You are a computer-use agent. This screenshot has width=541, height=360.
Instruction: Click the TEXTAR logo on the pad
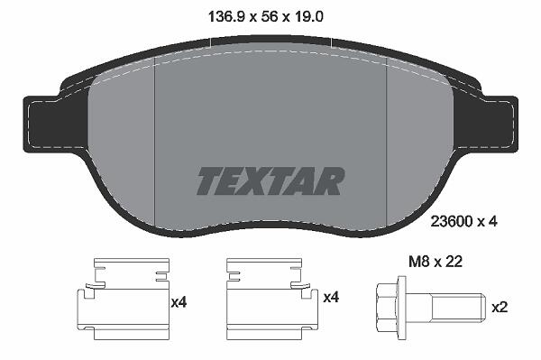point(270,181)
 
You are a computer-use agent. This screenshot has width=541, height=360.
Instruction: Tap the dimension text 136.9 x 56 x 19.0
point(266,16)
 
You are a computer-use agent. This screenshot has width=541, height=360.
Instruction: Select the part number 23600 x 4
point(463,222)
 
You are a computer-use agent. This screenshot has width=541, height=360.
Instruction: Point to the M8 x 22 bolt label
point(436,262)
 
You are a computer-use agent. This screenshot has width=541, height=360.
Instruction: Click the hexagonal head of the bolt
point(387,308)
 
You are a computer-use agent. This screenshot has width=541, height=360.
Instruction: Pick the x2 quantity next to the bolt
point(500,307)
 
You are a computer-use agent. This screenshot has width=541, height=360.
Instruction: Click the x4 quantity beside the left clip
point(179,302)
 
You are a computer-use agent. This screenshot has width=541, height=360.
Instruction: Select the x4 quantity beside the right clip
point(331,297)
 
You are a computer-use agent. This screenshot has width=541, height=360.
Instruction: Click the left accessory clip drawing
point(123,299)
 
